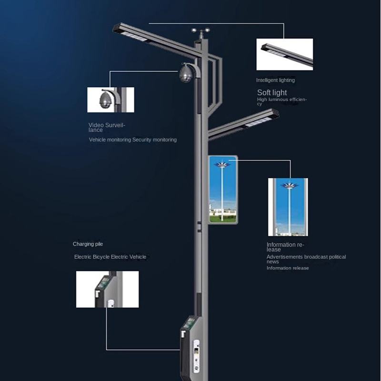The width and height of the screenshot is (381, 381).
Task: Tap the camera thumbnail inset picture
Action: [x=110, y=100]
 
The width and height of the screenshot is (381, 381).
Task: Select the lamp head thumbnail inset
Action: [x=284, y=54]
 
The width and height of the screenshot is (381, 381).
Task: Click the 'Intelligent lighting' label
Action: [x=275, y=80]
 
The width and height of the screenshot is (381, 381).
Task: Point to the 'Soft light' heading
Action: [x=272, y=92]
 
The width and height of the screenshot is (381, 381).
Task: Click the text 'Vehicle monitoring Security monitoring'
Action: [x=132, y=140]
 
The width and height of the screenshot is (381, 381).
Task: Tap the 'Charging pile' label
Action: [x=88, y=244]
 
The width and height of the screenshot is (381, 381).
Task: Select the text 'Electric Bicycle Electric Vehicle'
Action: [x=110, y=257]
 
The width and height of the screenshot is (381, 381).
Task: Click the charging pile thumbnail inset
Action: [x=107, y=289]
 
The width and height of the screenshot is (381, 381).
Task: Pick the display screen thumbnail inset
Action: [x=288, y=207]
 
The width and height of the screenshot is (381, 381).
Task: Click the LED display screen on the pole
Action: [x=223, y=189]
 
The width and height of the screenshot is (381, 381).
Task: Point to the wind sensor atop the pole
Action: [x=201, y=34]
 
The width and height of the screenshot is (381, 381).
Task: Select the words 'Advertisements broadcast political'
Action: [x=306, y=257]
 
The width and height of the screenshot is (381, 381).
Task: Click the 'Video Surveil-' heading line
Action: [x=107, y=125]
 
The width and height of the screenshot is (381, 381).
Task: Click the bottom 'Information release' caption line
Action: [x=287, y=268]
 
